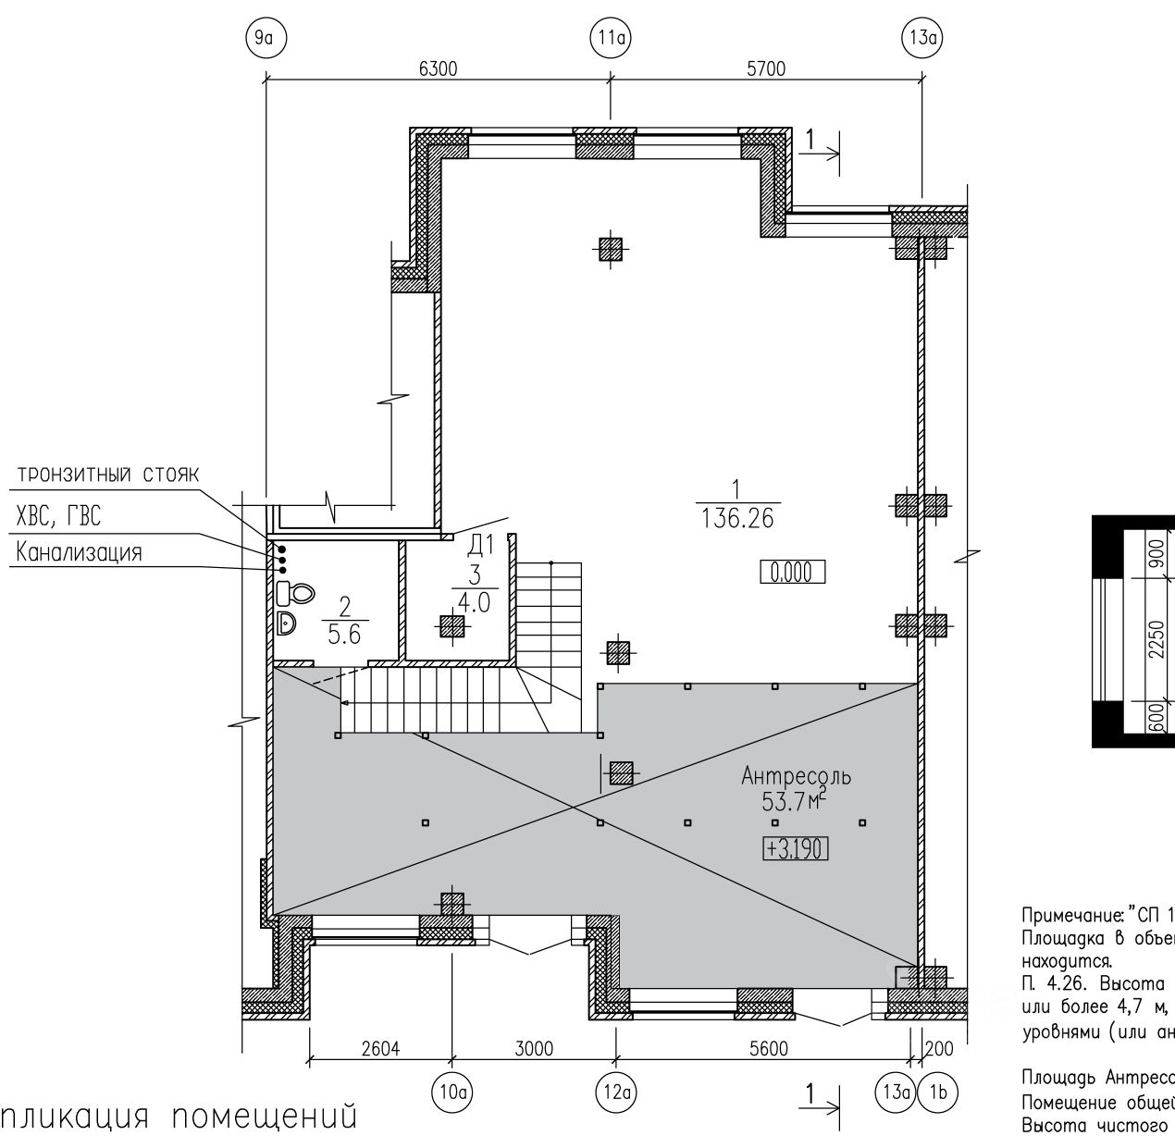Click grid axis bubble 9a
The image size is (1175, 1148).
coord(265,38)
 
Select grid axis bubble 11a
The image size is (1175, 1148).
coord(610,38)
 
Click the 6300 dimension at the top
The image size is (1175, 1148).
coord(438,69)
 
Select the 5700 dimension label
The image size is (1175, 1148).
coord(765,69)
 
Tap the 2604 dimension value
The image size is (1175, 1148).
coord(379,1048)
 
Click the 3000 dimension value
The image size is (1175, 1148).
coord(534,1048)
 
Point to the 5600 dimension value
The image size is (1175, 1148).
coord(769,1048)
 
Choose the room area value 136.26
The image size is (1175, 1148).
coord(736,518)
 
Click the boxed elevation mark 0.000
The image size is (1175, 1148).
coord(792,573)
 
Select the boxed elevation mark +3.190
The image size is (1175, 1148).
coord(795,848)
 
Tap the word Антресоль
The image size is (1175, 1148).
coord(796,776)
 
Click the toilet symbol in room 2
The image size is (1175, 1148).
coord(295,592)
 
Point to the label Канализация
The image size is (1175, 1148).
coord(80,553)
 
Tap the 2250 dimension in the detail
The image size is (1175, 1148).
coord(1156,639)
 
